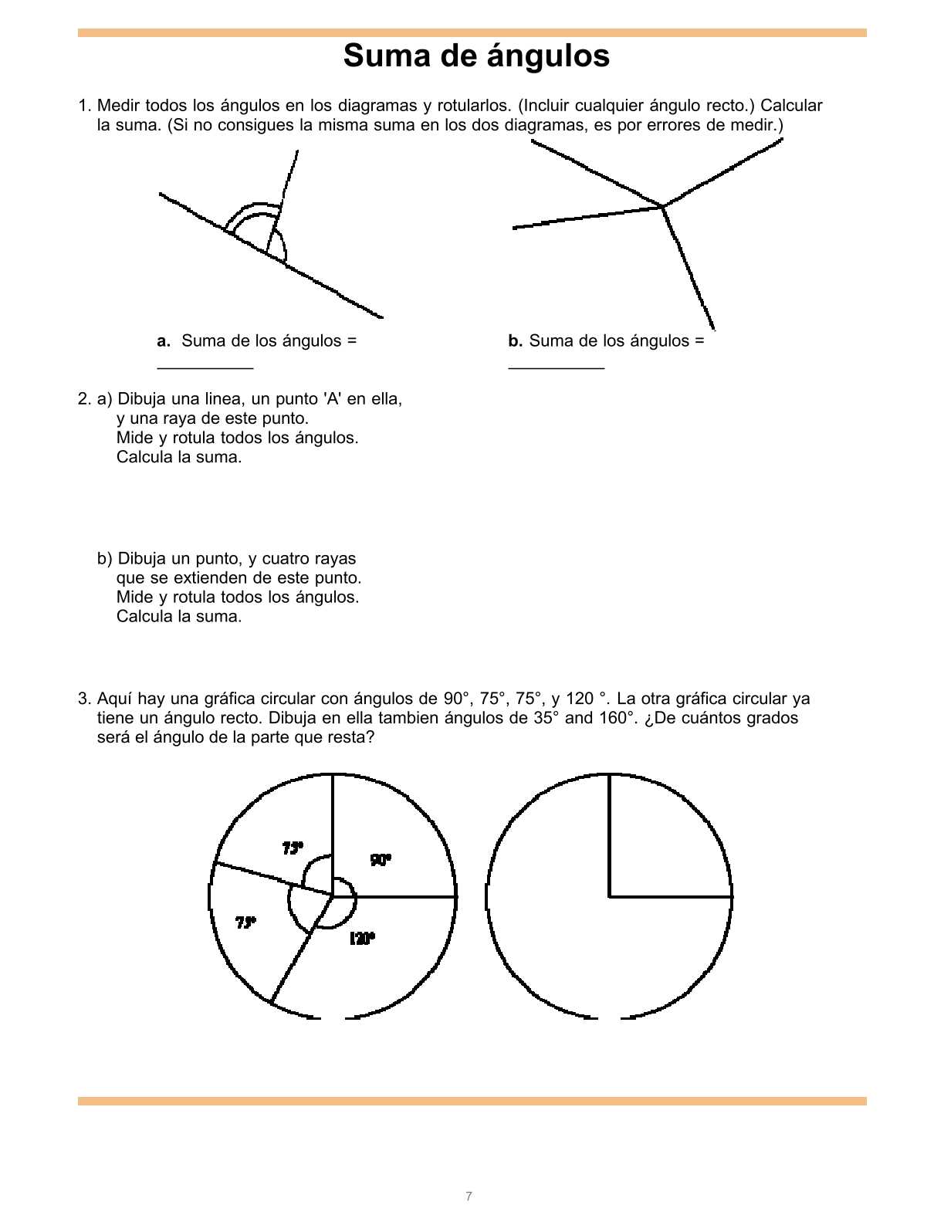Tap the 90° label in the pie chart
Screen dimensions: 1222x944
381,860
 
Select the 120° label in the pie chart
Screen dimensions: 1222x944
362,939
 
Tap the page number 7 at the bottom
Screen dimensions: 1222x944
469,1197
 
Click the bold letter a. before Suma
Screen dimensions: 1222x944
164,341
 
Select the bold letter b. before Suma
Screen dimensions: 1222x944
515,341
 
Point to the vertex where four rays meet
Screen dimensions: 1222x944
662,207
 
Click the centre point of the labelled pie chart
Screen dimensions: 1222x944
333,896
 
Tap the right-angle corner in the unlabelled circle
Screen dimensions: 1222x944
610,896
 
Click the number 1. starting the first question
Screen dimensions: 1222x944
84,106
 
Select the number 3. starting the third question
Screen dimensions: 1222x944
84,699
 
